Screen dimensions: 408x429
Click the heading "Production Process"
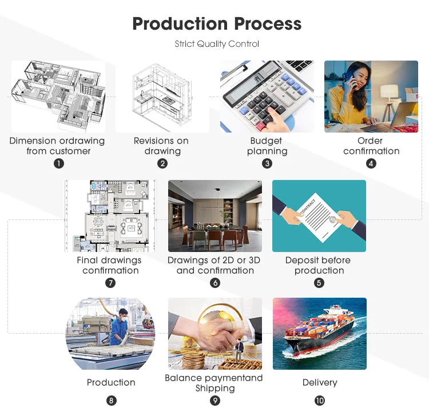pos(217,24)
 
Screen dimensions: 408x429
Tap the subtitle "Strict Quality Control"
pos(217,44)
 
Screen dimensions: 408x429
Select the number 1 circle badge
pos(58,163)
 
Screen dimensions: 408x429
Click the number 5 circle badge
pos(319,283)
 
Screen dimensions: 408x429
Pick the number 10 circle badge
pos(320,401)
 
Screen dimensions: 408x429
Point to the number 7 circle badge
pos(110,283)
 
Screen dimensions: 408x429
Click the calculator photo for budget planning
pos(267,96)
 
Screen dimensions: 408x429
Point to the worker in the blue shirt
pos(118,329)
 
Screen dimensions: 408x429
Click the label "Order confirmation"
pos(371,146)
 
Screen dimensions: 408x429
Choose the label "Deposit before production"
pos(319,265)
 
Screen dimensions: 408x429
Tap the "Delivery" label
pos(320,382)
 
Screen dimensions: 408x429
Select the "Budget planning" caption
pos(267,146)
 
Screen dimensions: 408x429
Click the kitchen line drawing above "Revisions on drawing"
pos(162,96)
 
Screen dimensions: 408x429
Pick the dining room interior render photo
pos(215,216)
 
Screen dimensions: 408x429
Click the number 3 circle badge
pos(267,163)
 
